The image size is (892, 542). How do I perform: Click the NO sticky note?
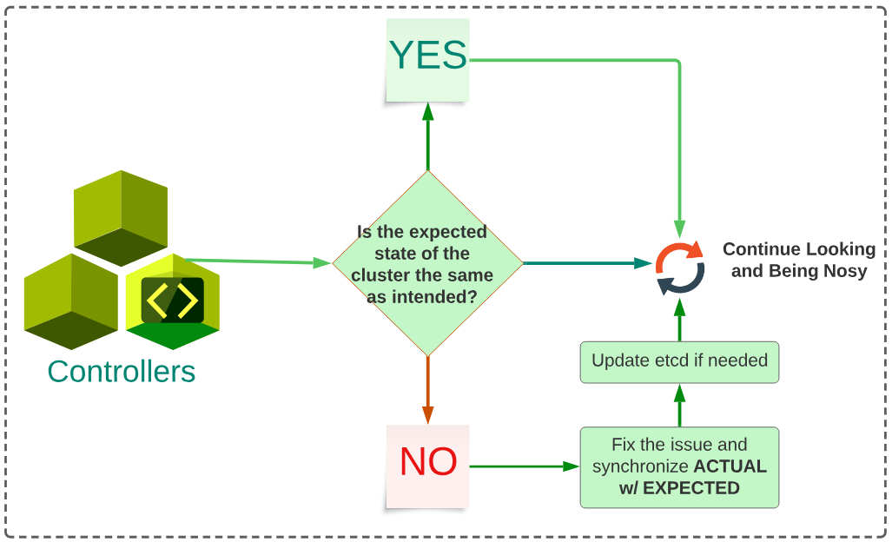427,464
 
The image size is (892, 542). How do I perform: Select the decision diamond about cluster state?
427,263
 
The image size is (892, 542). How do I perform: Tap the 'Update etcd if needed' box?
679,360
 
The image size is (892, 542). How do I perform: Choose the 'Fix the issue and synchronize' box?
679,467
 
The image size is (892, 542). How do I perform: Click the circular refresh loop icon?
680,267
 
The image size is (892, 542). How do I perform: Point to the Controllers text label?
122,372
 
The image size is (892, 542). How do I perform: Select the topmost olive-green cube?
121,216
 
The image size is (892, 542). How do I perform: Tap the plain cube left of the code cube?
70,301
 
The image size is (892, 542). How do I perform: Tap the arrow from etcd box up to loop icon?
679,319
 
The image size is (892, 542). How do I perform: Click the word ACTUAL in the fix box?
730,467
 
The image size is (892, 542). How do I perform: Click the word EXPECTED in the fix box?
691,488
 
